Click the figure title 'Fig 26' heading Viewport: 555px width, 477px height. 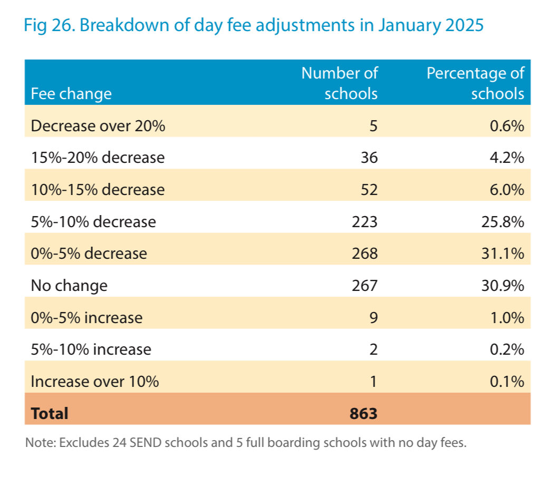point(253,25)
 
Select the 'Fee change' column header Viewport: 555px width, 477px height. point(71,94)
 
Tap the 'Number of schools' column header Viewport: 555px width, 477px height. point(340,83)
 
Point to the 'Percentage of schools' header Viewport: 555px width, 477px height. point(475,83)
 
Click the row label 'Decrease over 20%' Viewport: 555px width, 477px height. point(98,126)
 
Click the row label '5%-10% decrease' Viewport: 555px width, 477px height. point(93,222)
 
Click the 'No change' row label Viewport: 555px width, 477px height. point(69,286)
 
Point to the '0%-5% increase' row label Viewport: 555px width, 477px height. point(87,318)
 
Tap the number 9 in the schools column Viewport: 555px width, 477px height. point(372,318)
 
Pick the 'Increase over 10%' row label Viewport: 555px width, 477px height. point(95,382)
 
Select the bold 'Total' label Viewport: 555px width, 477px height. point(50,414)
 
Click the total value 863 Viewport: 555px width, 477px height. point(363,414)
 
